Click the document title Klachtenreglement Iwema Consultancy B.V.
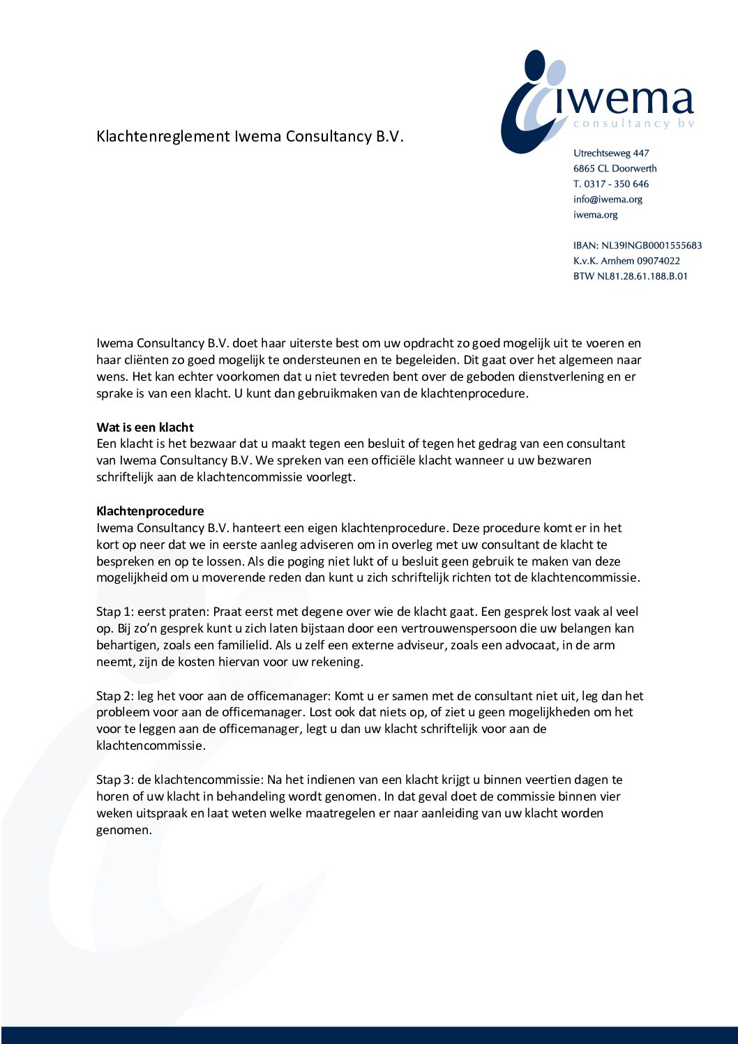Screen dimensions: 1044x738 click(250, 136)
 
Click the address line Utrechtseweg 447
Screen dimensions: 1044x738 click(611, 153)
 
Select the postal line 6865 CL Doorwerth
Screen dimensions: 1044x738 click(615, 169)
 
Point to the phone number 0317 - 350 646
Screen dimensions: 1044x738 click(617, 184)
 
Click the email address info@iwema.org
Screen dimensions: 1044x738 click(608, 199)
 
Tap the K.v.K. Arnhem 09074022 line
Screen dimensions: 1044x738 click(626, 261)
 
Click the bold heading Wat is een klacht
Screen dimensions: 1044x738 click(145, 428)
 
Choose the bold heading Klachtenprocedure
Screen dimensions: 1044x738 click(150, 511)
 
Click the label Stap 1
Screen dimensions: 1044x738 click(114, 612)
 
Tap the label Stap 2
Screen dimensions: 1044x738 click(114, 696)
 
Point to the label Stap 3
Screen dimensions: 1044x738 click(114, 780)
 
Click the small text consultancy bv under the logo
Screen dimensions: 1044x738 click(633, 123)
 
